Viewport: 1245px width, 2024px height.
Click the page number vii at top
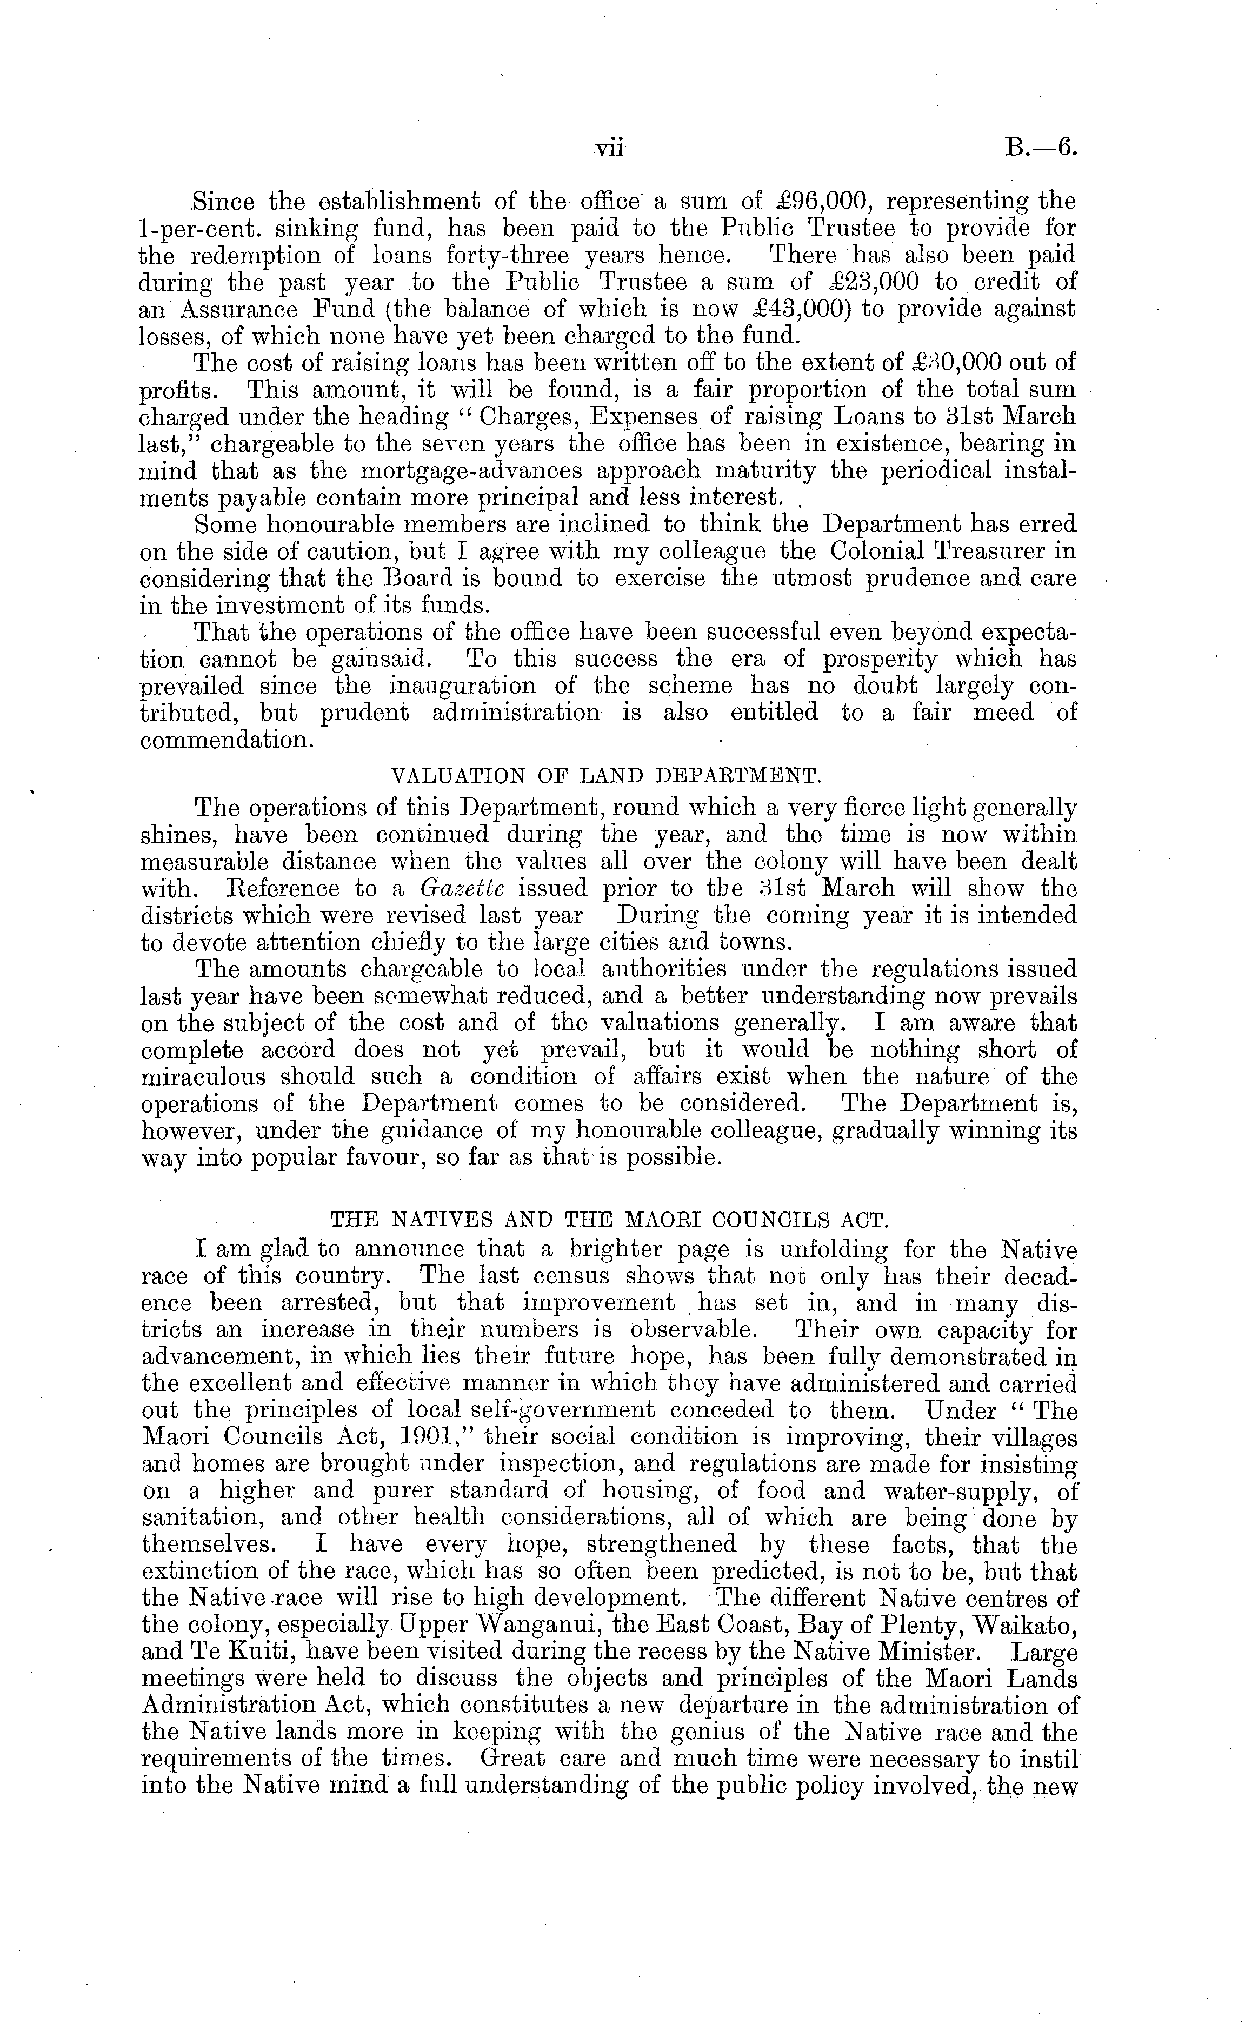tap(610, 148)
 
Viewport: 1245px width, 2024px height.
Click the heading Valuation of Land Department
tap(605, 776)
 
